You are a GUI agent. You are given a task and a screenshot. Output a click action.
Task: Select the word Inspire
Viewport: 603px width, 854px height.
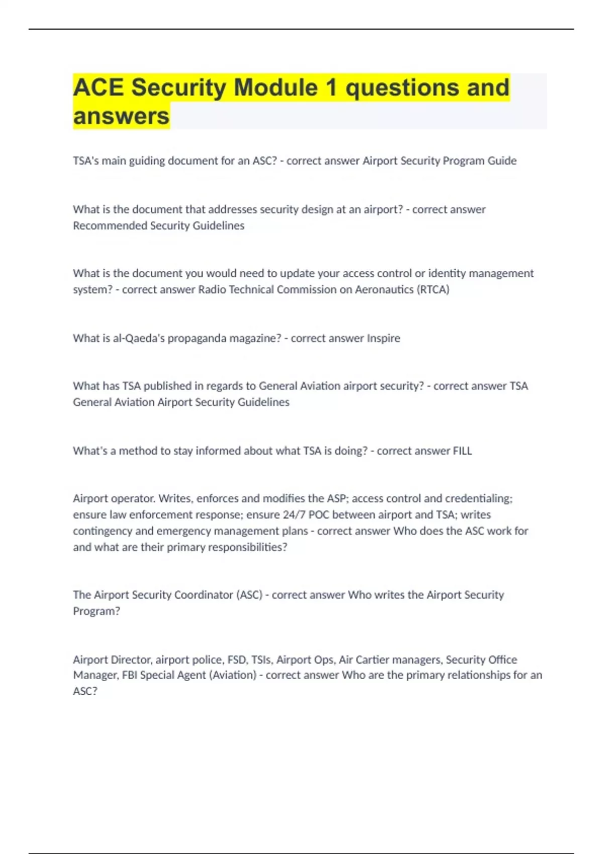click(x=383, y=338)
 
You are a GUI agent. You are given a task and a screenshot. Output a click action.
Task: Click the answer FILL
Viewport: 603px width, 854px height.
click(x=462, y=451)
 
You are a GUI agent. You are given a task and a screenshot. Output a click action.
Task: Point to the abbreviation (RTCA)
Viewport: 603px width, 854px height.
click(x=433, y=289)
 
